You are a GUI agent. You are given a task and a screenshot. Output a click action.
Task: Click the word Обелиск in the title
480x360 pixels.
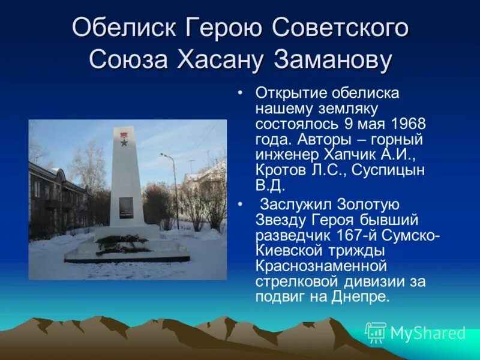124,28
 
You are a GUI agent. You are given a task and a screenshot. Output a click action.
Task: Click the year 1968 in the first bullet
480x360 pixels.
407,124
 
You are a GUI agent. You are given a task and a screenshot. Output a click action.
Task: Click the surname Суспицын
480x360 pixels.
392,171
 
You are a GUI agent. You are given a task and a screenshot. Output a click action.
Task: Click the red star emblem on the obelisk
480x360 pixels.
124,142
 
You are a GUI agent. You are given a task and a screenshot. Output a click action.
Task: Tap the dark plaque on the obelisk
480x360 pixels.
125,206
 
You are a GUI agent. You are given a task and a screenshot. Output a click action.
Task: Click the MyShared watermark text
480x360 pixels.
428,333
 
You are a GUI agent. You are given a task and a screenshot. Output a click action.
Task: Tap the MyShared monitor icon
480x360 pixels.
376,332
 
